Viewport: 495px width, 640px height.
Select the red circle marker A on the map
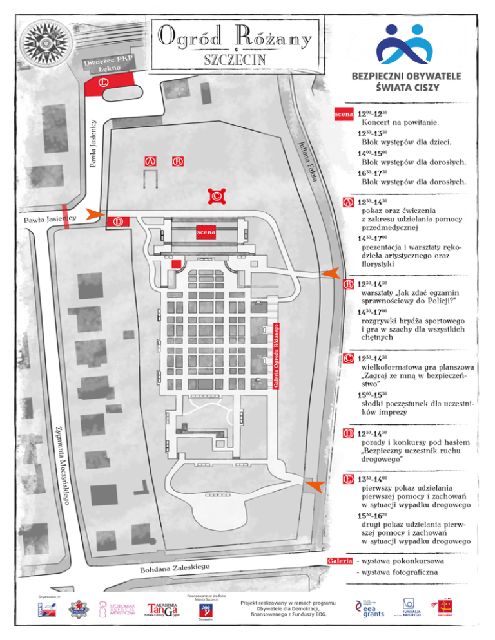(x=150, y=161)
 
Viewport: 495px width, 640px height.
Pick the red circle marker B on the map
(x=179, y=161)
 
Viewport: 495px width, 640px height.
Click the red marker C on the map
(x=217, y=196)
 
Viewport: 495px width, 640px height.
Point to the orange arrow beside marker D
(x=95, y=214)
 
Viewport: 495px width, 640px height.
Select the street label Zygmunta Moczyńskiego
(x=63, y=464)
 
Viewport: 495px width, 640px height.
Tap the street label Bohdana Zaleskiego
(x=175, y=569)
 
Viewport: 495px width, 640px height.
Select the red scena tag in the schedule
(x=343, y=114)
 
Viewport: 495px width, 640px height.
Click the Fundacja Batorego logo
(x=411, y=607)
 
